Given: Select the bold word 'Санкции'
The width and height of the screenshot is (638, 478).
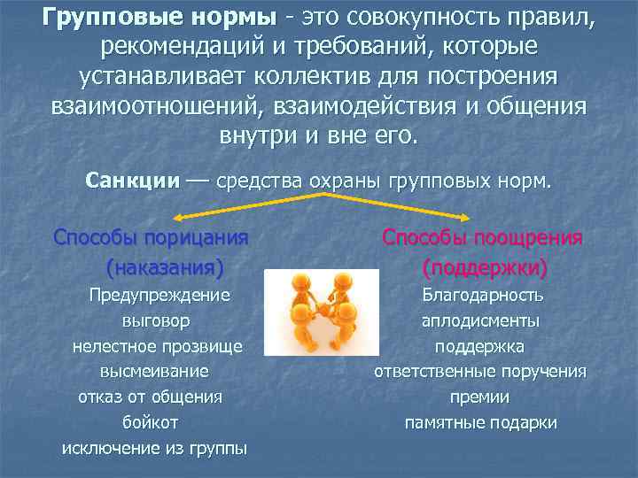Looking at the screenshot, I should pos(133,181).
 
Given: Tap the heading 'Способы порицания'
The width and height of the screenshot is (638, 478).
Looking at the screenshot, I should pos(151,237).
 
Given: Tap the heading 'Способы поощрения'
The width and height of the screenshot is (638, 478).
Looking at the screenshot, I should pos(483,237).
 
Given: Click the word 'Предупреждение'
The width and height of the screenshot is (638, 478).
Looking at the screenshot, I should pos(159,295).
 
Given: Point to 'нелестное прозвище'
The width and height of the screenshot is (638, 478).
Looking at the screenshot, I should pos(157,345).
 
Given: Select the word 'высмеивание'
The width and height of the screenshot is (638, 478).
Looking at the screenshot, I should pos(155,371).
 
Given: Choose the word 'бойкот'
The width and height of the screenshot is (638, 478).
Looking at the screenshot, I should pos(155,422).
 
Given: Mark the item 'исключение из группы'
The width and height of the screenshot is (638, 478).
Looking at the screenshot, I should pos(155,448).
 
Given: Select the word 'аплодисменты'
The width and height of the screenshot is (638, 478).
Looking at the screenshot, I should pos(480,320).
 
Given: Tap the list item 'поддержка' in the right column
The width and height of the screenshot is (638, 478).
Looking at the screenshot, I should pos(480,345).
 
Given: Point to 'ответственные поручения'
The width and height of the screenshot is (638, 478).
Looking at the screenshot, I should pos(480,371).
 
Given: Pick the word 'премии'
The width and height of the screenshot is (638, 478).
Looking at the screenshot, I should pos(480,397).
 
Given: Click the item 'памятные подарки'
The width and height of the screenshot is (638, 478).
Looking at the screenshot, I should pos(480,422).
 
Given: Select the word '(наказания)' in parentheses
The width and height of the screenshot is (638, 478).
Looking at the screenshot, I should pos(164,266).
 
